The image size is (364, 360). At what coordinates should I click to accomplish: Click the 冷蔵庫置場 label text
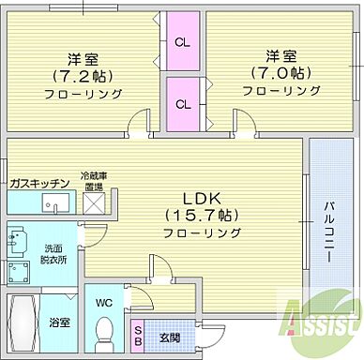coord(95,180)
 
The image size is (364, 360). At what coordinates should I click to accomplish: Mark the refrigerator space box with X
coord(95,205)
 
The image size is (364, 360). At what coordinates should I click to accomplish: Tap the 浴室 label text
coord(60,321)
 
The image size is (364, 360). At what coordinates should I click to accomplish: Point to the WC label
coord(104,303)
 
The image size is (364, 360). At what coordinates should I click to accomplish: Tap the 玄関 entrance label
coord(167,335)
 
